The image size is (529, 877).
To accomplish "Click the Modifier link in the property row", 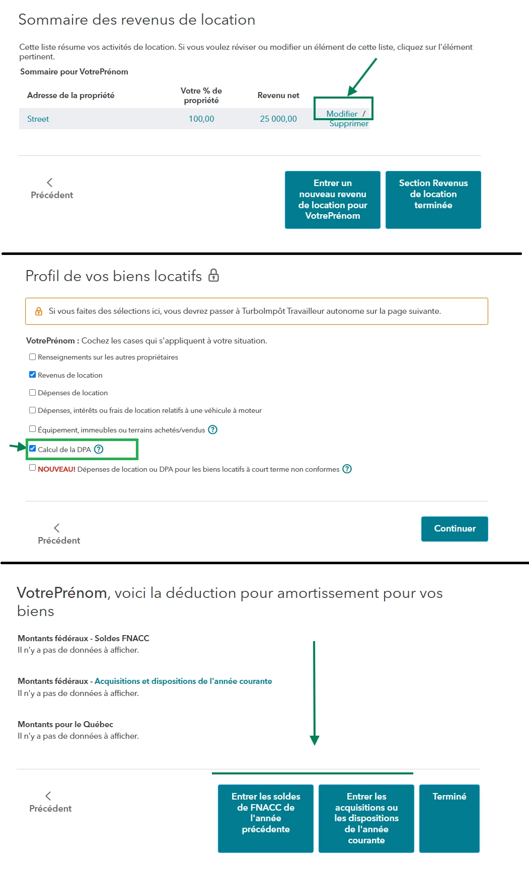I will tap(342, 114).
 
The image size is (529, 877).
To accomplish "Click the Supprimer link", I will tap(349, 124).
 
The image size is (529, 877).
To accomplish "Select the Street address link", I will tap(38, 119).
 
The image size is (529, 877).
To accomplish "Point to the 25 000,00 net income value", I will tap(278, 119).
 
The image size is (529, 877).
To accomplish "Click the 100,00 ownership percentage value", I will tap(201, 119).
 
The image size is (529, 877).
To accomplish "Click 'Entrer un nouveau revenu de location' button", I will tap(332, 200).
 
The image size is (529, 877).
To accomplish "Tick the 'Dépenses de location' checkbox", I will tap(33, 393).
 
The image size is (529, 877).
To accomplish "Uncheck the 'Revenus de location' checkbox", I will tap(33, 375).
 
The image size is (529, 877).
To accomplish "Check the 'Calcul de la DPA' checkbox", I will tap(33, 449).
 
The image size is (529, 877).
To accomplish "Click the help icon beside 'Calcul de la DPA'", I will tap(99, 449).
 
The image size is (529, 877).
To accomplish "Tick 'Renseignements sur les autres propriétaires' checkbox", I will tap(33, 357).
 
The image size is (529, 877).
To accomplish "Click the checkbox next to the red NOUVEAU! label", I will tap(33, 468).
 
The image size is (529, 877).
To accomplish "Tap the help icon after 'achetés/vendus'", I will tap(213, 429).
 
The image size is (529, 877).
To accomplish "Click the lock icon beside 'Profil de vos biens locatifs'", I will tap(214, 276).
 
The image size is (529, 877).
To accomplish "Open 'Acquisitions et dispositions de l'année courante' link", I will tap(183, 681).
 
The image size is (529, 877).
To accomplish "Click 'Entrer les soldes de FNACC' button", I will tap(266, 818).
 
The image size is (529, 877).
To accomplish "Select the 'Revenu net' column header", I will tap(278, 96).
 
